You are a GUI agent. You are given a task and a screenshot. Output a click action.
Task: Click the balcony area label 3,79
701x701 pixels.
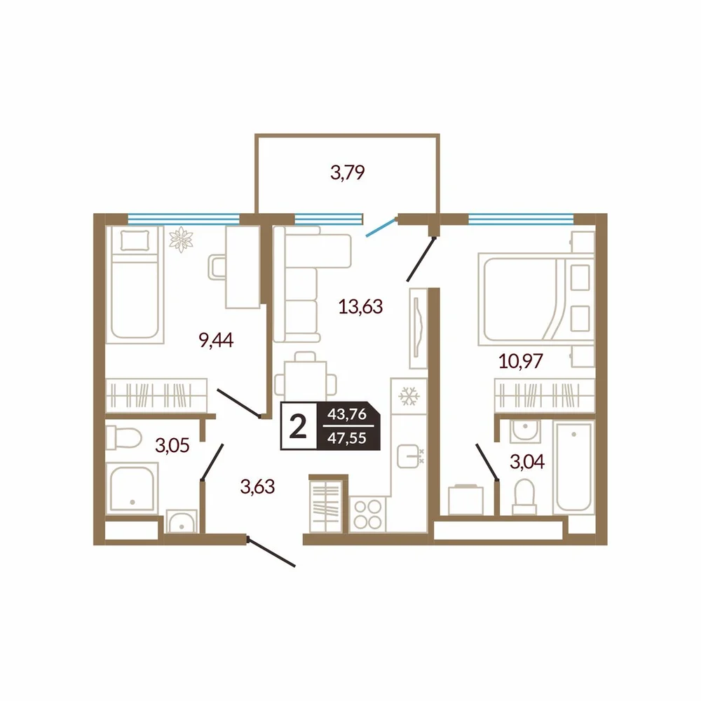tap(348, 172)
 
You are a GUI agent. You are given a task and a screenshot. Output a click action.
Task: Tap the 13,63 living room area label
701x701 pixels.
tap(360, 307)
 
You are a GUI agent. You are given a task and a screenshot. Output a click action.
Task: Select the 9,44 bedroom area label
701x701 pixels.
tap(216, 340)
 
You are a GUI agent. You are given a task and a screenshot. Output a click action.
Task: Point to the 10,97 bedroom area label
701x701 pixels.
tap(520, 360)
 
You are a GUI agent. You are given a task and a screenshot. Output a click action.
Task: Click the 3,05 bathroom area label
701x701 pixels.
tap(172, 445)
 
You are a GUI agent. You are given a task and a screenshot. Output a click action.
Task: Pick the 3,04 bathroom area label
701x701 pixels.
tap(527, 462)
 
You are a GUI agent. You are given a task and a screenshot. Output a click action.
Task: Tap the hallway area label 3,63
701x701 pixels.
tap(257, 486)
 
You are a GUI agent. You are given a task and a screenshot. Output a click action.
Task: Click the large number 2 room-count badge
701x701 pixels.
tap(298, 426)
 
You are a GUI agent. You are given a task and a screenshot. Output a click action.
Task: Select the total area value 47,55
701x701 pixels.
tap(347, 438)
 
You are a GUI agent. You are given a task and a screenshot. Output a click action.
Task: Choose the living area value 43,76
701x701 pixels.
tap(347, 414)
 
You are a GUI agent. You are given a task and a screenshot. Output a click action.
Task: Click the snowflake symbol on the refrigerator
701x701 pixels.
tap(409, 396)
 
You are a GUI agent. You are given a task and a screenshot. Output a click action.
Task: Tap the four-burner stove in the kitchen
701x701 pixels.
tap(367, 515)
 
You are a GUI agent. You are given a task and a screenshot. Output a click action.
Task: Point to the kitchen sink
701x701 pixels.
tap(409, 456)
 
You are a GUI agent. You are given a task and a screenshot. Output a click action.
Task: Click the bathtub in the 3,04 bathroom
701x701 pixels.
tap(573, 468)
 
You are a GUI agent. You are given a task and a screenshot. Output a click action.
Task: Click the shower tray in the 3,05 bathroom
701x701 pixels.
tap(132, 488)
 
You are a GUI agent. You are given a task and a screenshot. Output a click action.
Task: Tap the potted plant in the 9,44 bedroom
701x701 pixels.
tap(181, 239)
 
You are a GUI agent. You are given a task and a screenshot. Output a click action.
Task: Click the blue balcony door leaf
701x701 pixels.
tap(381, 227)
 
